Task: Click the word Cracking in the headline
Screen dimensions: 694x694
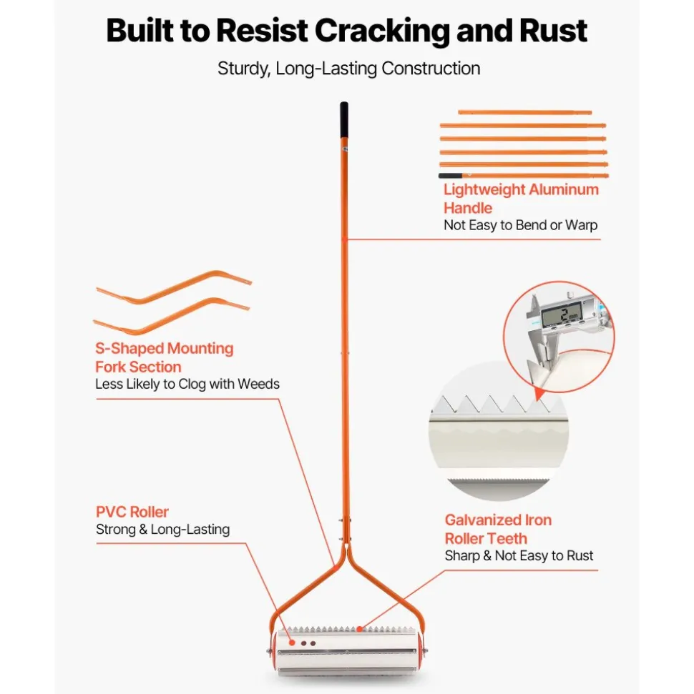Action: click(x=382, y=31)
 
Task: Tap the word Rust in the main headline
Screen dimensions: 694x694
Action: click(x=553, y=31)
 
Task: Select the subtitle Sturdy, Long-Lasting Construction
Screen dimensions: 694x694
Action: click(x=348, y=69)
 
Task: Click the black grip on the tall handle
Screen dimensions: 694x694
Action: click(x=344, y=120)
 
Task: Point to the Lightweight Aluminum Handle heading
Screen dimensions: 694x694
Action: click(x=521, y=199)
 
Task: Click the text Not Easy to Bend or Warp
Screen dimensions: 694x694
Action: click(x=520, y=225)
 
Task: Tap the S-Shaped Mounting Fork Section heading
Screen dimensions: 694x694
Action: click(x=165, y=357)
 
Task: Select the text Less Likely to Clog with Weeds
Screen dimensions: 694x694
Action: click(x=187, y=384)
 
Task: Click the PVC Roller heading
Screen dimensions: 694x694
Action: click(x=132, y=512)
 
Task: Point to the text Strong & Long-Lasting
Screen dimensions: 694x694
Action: click(x=162, y=530)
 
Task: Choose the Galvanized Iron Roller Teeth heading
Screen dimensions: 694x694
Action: click(x=498, y=530)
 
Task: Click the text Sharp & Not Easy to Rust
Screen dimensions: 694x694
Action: click(x=519, y=555)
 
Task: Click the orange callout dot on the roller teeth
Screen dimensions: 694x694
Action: click(x=359, y=629)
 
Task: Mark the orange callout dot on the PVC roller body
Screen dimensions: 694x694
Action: click(x=292, y=643)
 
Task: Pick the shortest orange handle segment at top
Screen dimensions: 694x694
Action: click(x=524, y=112)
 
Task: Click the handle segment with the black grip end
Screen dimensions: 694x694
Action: click(x=524, y=176)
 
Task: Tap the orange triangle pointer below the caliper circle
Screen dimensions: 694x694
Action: click(x=539, y=394)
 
